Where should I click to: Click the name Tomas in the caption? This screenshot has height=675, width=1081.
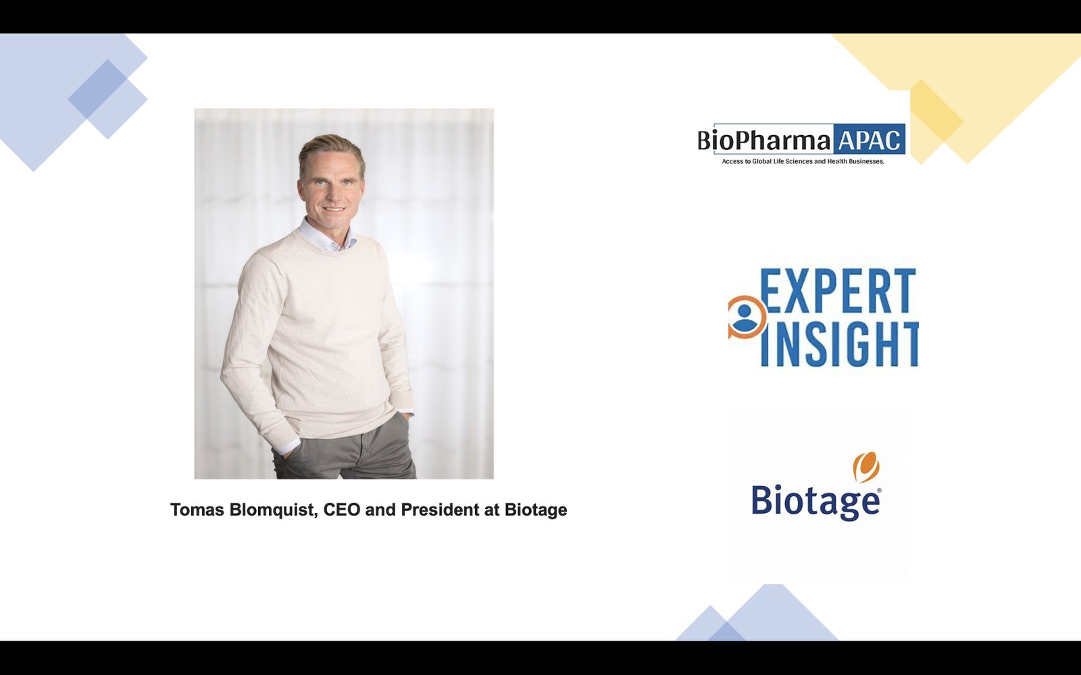click(197, 510)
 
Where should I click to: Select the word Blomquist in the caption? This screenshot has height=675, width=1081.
click(274, 510)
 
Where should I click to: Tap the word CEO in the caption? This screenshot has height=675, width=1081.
click(342, 510)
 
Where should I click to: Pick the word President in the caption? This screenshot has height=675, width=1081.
click(440, 510)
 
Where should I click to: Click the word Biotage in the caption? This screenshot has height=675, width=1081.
click(536, 510)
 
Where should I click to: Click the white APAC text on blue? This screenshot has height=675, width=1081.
click(869, 140)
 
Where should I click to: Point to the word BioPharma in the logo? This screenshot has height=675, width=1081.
click(764, 140)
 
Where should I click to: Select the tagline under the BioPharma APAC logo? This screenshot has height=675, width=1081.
click(803, 161)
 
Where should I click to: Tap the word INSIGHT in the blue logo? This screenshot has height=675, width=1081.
click(839, 344)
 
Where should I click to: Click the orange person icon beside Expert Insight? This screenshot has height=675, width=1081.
click(746, 317)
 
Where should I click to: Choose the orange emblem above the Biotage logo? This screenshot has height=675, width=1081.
click(866, 466)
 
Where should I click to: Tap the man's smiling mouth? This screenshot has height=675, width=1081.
click(334, 209)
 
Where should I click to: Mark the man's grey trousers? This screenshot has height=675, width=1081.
click(345, 448)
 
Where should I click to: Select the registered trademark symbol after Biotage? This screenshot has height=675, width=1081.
click(879, 490)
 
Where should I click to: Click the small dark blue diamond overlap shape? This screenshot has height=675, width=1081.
click(98, 89)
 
